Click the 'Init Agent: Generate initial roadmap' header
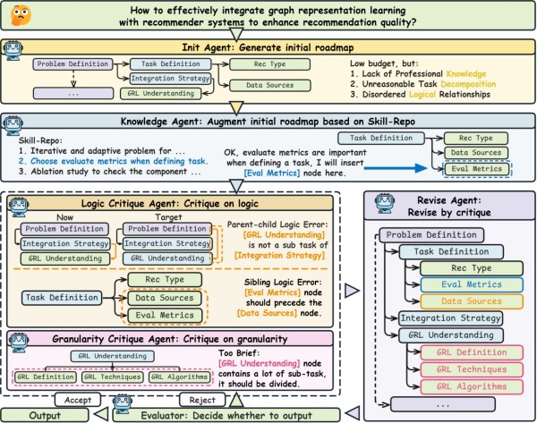point(268,47)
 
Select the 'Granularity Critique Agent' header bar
point(166,340)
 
